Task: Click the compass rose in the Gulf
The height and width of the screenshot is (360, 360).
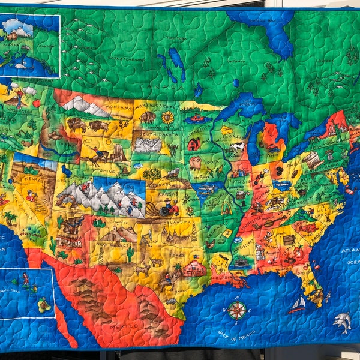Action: (236, 310)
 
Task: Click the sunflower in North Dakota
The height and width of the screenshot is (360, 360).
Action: (167, 118)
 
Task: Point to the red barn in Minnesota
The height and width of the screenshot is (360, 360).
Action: (194, 144)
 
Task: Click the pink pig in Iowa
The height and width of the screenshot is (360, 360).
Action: (196, 163)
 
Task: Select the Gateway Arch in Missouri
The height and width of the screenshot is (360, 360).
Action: (226, 208)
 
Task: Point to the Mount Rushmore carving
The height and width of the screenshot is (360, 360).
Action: (147, 145)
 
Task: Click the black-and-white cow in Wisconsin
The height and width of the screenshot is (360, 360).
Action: (238, 146)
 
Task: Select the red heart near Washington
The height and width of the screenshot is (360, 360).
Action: (37, 103)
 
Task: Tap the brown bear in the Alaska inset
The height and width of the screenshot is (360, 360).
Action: (12, 36)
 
